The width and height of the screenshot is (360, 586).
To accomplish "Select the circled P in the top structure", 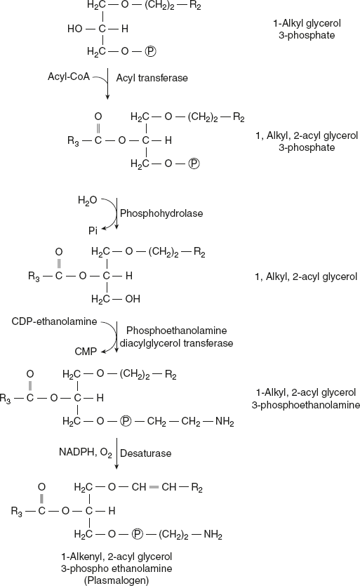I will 150,51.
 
